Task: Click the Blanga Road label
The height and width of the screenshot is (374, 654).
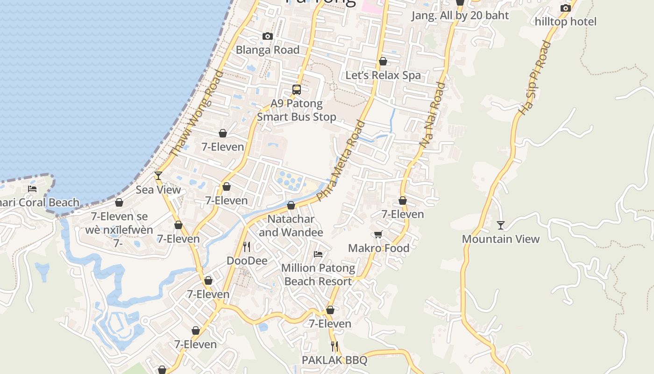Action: click(x=267, y=50)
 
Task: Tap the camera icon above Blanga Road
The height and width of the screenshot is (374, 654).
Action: click(x=267, y=36)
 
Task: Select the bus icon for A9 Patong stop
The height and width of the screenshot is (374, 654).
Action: click(x=296, y=89)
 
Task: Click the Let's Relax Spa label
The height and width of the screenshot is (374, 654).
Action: click(x=383, y=75)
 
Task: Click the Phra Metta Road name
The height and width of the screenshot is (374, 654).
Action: click(x=341, y=160)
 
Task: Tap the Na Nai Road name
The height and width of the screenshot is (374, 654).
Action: click(x=433, y=115)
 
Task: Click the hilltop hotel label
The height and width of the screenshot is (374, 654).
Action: click(x=565, y=22)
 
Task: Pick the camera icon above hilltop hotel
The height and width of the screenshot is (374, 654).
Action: click(x=565, y=8)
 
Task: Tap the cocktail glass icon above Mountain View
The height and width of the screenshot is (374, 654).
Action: click(x=500, y=225)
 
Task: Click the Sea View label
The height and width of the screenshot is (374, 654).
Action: click(x=158, y=189)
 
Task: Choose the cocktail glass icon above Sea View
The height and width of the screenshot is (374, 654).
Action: click(x=158, y=176)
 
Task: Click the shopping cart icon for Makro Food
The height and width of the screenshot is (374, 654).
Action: click(x=378, y=235)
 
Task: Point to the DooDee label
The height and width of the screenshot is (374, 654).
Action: click(x=247, y=260)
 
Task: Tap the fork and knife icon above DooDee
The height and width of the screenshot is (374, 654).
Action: click(x=247, y=246)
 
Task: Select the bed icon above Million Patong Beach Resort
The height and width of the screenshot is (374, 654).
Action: click(x=318, y=254)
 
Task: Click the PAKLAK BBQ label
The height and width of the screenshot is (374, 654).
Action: click(x=334, y=360)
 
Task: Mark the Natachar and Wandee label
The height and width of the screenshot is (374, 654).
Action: click(x=291, y=225)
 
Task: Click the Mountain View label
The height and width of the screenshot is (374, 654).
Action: click(x=500, y=239)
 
